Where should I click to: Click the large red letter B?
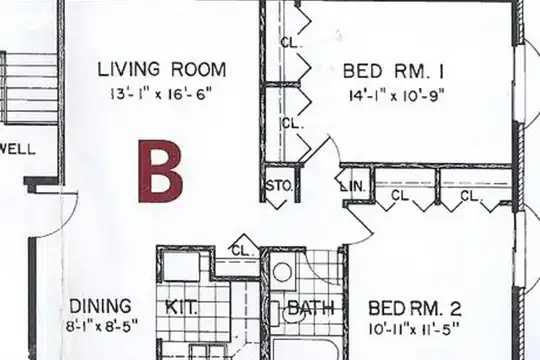(160, 171)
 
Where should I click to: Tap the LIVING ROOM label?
(162, 70)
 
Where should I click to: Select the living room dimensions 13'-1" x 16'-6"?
(160, 94)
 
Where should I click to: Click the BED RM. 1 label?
(393, 71)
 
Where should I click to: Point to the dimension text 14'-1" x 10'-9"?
(397, 95)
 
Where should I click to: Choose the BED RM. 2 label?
(415, 308)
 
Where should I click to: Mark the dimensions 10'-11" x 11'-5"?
(414, 329)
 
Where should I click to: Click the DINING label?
(100, 306)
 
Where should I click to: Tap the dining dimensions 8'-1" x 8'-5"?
(102, 326)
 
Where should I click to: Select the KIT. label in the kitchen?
(181, 307)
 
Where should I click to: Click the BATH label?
(311, 308)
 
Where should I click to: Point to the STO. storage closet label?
(280, 186)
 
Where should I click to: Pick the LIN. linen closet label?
(352, 187)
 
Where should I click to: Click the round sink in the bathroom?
(282, 272)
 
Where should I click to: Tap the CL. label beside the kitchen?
(243, 250)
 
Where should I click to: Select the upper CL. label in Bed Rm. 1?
(291, 42)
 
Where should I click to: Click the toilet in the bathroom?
(288, 313)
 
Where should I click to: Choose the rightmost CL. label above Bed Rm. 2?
(470, 196)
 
